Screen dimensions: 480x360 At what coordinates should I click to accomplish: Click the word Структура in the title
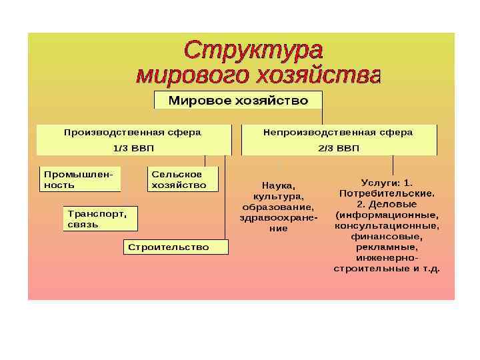(x=253, y=51)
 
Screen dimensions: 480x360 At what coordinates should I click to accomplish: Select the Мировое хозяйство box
(x=238, y=101)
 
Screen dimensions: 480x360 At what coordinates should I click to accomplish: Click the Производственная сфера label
(x=132, y=132)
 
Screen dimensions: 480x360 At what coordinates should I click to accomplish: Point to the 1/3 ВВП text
(x=132, y=148)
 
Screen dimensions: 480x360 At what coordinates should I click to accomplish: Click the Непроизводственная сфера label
(x=338, y=132)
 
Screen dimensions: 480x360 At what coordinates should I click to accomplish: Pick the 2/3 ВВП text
(x=338, y=148)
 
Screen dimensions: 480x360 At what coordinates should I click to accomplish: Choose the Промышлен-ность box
(x=79, y=179)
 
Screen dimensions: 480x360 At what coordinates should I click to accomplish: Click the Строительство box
(x=175, y=247)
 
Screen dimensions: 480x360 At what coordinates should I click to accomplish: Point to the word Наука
(x=277, y=186)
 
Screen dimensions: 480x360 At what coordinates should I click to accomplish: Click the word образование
(x=278, y=207)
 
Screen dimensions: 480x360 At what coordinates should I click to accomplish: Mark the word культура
(x=277, y=197)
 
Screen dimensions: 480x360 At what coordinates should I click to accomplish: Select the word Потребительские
(x=387, y=193)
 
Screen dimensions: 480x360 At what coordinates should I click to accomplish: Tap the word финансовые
(x=387, y=236)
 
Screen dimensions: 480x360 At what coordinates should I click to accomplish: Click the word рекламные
(x=387, y=247)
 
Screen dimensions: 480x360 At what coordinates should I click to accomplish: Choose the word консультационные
(x=387, y=225)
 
